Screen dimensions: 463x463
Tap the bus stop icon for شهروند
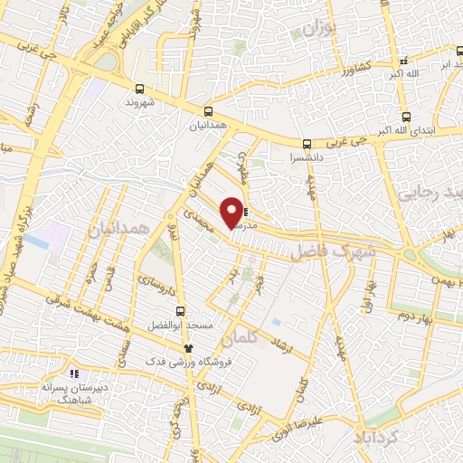coord(139,89)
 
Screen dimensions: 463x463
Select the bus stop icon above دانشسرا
coord(307,143)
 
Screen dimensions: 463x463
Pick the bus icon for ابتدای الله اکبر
coord(407,116)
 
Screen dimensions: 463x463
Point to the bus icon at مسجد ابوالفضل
coord(181,310)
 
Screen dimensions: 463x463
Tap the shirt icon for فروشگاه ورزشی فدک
coord(187,348)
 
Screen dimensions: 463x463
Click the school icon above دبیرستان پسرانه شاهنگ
coord(76,373)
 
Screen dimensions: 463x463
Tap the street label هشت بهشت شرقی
coord(87,313)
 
